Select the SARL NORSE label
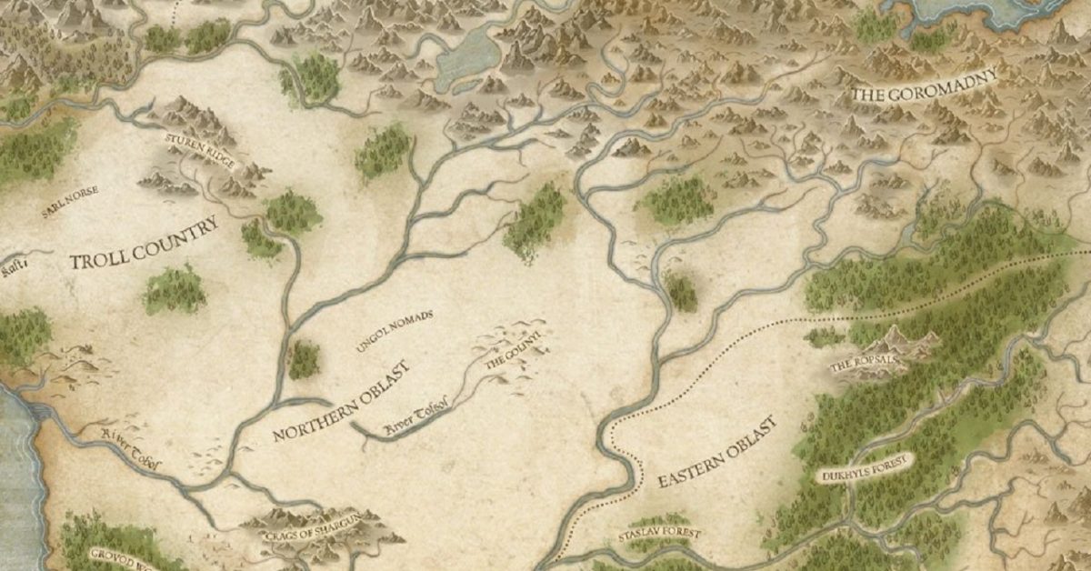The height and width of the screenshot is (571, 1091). pyautogui.click(x=69, y=202)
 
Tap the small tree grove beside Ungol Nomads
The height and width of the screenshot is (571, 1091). pyautogui.click(x=305, y=360)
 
